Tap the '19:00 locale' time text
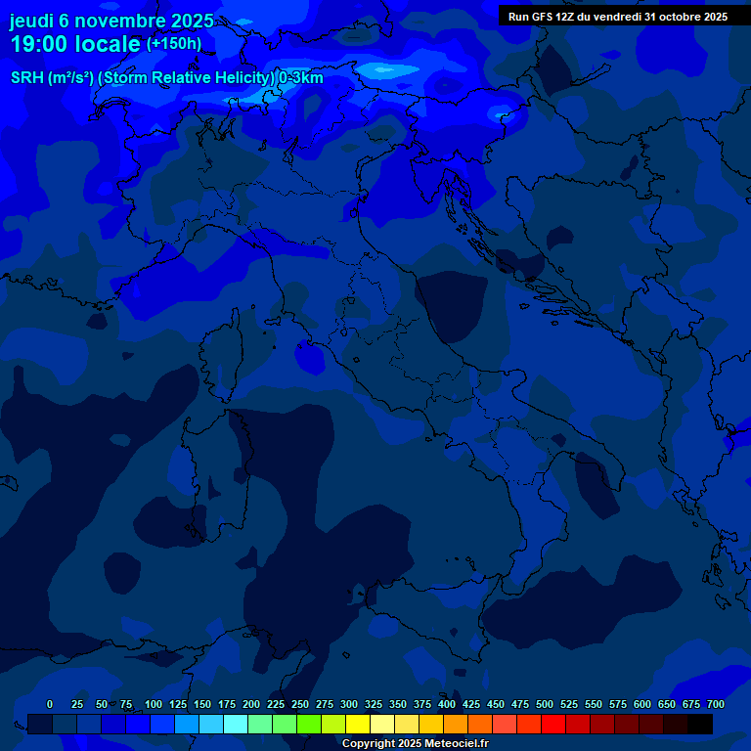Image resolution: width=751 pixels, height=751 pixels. coord(75,44)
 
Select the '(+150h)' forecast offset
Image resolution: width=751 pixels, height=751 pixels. coord(174,44)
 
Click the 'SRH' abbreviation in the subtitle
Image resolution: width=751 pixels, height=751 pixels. coord(26,78)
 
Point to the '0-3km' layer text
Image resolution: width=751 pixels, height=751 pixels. coord(300,78)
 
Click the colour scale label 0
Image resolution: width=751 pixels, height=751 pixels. coord(50,704)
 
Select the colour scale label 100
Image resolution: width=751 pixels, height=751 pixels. coord(154,704)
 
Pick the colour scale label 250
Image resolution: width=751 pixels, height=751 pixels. coord(300,704)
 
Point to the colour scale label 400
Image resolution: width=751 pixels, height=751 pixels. coord(447,704)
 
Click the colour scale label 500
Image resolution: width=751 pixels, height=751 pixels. coord(545,704)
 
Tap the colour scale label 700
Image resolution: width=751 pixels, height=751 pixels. coord(716,704)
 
